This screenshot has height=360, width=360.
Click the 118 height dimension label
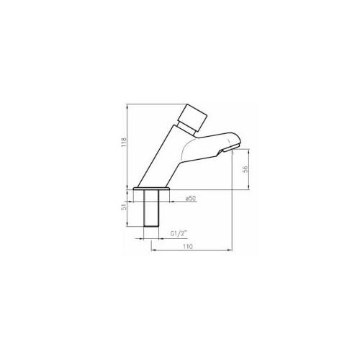(x=124, y=143)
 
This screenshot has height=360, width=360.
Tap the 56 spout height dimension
(x=246, y=169)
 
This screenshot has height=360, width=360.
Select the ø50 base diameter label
(x=191, y=199)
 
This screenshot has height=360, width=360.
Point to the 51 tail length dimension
(x=124, y=207)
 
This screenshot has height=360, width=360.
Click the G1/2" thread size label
(x=179, y=234)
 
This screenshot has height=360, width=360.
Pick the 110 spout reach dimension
(x=188, y=246)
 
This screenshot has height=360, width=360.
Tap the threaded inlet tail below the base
(x=151, y=208)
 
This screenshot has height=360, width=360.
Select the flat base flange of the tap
(x=151, y=189)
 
